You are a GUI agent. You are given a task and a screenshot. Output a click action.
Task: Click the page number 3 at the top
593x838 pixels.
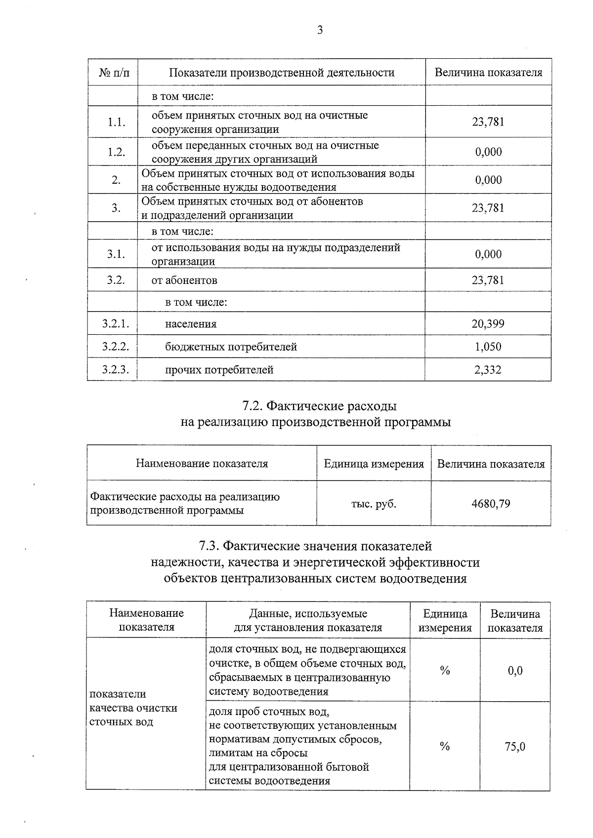coord(320,31)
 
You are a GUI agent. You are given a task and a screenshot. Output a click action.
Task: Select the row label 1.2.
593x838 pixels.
coord(116,152)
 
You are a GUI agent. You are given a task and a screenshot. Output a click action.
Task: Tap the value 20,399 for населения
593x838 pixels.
coord(488,324)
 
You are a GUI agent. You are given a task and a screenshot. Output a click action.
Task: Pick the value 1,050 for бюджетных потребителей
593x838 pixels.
coord(488,347)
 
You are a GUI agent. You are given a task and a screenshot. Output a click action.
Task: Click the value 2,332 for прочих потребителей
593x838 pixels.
coord(488,369)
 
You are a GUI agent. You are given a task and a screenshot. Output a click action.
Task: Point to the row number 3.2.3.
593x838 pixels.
coord(116,369)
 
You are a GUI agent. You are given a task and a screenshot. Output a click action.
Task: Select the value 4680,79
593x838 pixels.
coord(490,504)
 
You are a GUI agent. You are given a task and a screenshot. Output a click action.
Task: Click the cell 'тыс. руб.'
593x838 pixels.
coord(374,504)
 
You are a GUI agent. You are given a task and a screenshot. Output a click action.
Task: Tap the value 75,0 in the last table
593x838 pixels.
coord(514,746)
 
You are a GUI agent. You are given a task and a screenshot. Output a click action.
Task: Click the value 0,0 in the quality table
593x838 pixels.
coord(514,671)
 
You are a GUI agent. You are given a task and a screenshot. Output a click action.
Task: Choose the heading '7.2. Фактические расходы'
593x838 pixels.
coord(319,406)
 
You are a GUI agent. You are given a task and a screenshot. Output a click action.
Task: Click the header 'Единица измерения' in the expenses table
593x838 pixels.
coord(374,464)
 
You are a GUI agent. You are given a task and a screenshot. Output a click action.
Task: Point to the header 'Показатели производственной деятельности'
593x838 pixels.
coord(281,73)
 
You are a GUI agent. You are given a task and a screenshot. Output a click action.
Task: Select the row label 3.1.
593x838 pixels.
coord(116,254)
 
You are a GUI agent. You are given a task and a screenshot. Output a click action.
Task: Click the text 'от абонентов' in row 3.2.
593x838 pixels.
coord(184,280)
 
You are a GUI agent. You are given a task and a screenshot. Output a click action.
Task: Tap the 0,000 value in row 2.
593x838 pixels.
coord(488,180)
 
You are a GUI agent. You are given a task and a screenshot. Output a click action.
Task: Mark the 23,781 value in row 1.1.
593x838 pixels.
coord(488,122)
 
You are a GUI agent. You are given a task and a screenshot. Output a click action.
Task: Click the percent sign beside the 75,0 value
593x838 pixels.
coord(444,746)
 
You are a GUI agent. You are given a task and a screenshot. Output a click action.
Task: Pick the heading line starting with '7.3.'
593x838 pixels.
coord(315,546)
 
